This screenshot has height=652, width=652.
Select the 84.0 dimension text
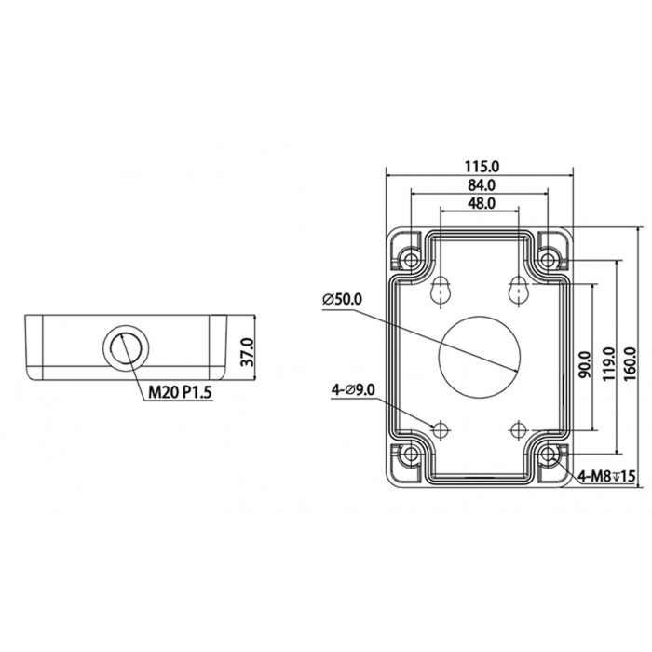click(479, 186)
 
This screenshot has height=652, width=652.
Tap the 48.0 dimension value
click(479, 203)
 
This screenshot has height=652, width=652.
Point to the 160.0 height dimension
click(631, 357)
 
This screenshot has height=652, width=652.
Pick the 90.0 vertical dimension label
click(584, 363)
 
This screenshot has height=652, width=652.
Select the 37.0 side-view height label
click(247, 352)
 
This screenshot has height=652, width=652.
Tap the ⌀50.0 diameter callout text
click(342, 299)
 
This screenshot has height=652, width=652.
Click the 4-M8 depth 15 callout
click(605, 477)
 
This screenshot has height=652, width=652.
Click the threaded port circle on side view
click(124, 346)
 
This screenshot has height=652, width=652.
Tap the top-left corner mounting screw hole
click(407, 253)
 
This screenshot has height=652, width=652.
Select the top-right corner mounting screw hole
click(550, 253)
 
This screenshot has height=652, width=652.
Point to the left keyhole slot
click(441, 292)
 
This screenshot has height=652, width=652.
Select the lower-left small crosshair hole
click(441, 429)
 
